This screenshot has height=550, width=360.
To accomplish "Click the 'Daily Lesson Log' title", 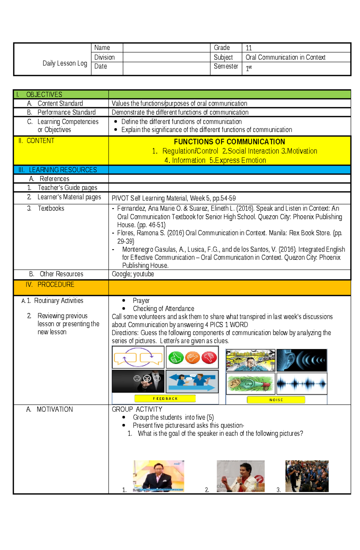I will pos(65,63).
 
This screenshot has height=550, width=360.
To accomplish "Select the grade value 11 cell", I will pos(249,48).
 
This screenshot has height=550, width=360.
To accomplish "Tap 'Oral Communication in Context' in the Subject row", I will pos(285,57).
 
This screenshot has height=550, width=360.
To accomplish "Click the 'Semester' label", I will pos(226,66).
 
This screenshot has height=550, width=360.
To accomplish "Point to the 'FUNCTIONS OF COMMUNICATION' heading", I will pos(229,142).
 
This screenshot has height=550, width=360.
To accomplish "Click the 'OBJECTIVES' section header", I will pos(44,95).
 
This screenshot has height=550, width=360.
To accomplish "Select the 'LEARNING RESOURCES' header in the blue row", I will pos(63,170).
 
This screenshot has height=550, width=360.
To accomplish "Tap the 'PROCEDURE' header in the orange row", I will pos(56,284).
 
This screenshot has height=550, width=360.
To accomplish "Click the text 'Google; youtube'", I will pos(133,274).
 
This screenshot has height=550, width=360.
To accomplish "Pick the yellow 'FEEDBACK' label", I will pos(165,398).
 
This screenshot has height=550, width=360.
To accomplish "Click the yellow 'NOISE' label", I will pos(276,400).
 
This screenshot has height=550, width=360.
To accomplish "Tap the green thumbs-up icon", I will pos(176,358).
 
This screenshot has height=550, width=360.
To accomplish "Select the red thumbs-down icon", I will pos(209,358).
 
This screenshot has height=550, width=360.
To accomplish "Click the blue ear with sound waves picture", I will pos(301,360).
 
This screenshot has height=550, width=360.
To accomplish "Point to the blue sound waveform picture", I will pos(301,383).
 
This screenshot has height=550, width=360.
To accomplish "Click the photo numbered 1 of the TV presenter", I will pos(158,476).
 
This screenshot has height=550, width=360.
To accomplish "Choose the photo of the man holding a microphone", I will pos(241,476).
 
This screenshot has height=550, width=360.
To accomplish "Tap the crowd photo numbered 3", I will pos(307,476).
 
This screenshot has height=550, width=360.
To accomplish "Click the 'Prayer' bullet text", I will pos(141,300).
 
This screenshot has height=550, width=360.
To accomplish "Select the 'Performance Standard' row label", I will pos(66,112).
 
